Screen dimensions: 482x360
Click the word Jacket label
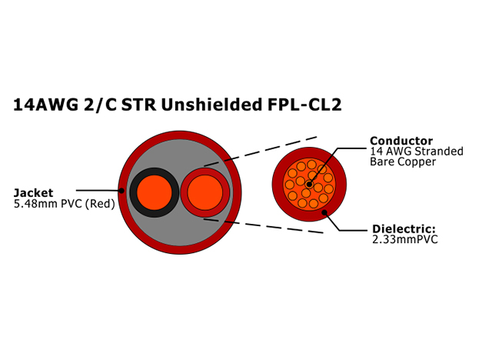(33, 192)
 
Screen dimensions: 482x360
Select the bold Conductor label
(401, 141)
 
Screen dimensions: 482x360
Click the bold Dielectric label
(404, 229)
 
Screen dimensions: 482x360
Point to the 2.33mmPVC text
(405, 239)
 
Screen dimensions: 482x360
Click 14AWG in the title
(45, 105)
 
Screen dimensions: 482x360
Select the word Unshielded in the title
(211, 105)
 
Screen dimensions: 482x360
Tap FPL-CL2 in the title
(304, 105)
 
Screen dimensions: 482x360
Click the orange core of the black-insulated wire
(155, 192)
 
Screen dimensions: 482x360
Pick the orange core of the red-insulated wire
(204, 193)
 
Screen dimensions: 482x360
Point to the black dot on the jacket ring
(121, 191)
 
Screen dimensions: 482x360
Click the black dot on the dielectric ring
(324, 212)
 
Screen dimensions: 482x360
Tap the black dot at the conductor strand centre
(309, 185)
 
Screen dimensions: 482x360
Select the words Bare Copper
(403, 162)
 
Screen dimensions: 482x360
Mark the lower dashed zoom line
(263, 226)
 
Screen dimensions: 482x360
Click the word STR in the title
(138, 105)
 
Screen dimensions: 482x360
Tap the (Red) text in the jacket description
(100, 204)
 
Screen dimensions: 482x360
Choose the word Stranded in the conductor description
(439, 152)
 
